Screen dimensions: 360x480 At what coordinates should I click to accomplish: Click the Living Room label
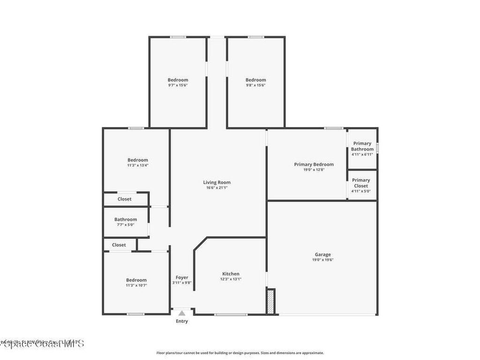tap(217, 182)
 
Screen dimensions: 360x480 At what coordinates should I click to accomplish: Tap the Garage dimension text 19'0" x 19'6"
tap(322, 260)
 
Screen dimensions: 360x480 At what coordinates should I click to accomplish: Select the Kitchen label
tap(231, 274)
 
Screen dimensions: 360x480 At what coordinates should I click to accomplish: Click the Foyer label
tap(182, 277)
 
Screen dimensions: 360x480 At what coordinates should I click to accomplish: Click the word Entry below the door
tap(182, 321)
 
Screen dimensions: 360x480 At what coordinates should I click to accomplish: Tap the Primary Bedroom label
tap(314, 164)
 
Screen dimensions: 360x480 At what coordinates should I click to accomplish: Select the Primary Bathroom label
tap(362, 146)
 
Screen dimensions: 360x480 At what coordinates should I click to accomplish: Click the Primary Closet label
tap(361, 183)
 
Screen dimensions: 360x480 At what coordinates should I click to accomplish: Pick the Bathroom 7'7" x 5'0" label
tap(126, 219)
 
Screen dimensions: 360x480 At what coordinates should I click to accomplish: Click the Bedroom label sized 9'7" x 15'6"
tap(178, 80)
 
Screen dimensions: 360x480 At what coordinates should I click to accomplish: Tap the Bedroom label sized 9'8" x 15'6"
tap(255, 80)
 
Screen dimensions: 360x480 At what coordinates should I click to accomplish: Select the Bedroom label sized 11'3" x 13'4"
tap(137, 160)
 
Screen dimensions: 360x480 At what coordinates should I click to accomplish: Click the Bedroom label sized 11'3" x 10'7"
tap(136, 280)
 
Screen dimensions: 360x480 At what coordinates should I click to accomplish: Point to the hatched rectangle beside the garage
tap(270, 301)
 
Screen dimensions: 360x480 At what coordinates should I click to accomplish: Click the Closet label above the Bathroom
tap(124, 199)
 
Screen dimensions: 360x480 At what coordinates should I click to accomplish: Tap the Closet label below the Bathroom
tap(119, 245)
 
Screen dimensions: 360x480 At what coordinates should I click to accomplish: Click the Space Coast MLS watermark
tap(42, 344)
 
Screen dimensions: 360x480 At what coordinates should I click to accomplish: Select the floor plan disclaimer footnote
tap(240, 353)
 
